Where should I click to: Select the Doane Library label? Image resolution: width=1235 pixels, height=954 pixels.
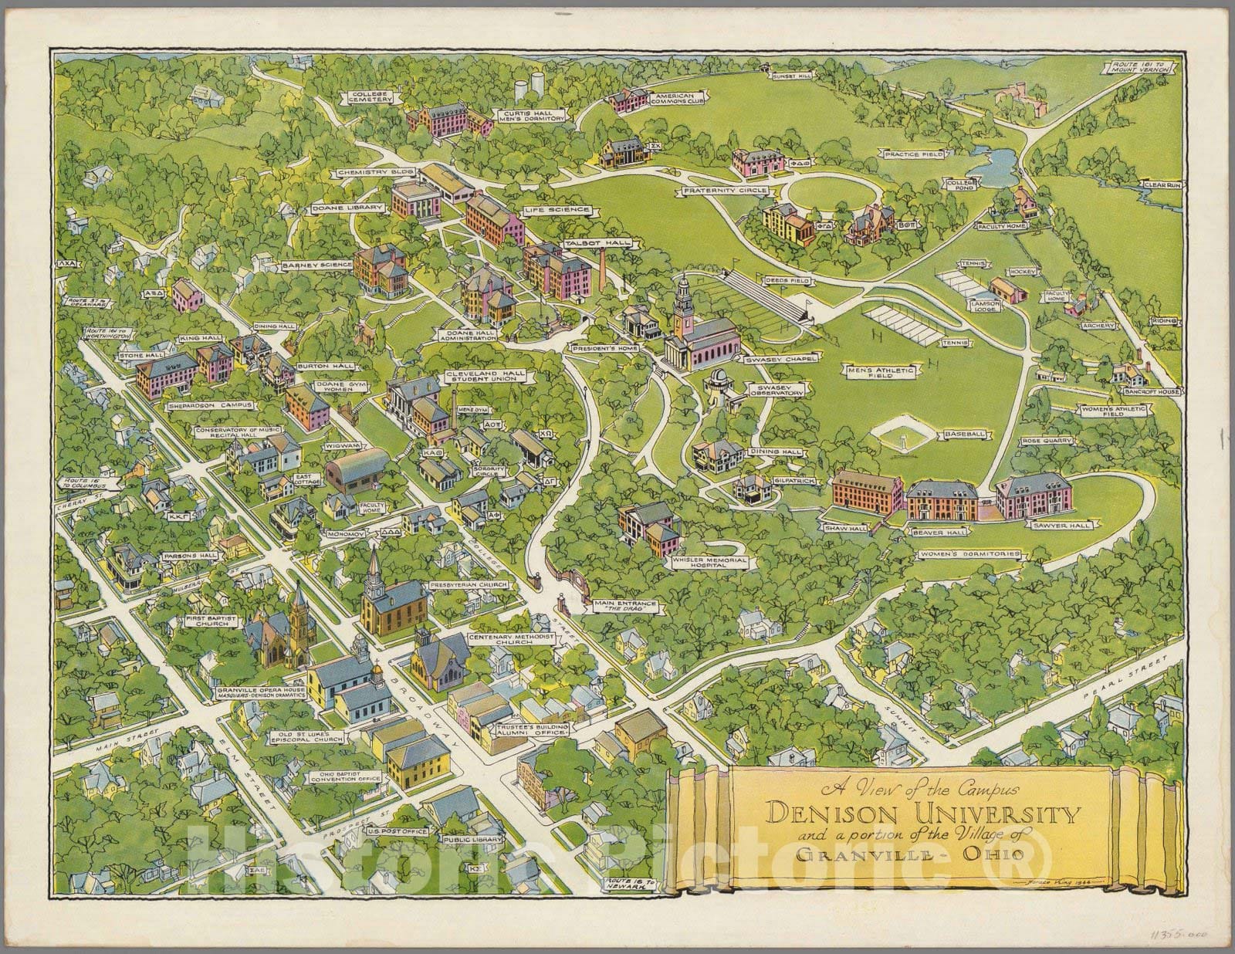coord(337,208)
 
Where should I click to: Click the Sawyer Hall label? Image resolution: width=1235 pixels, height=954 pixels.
coord(1048,525)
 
